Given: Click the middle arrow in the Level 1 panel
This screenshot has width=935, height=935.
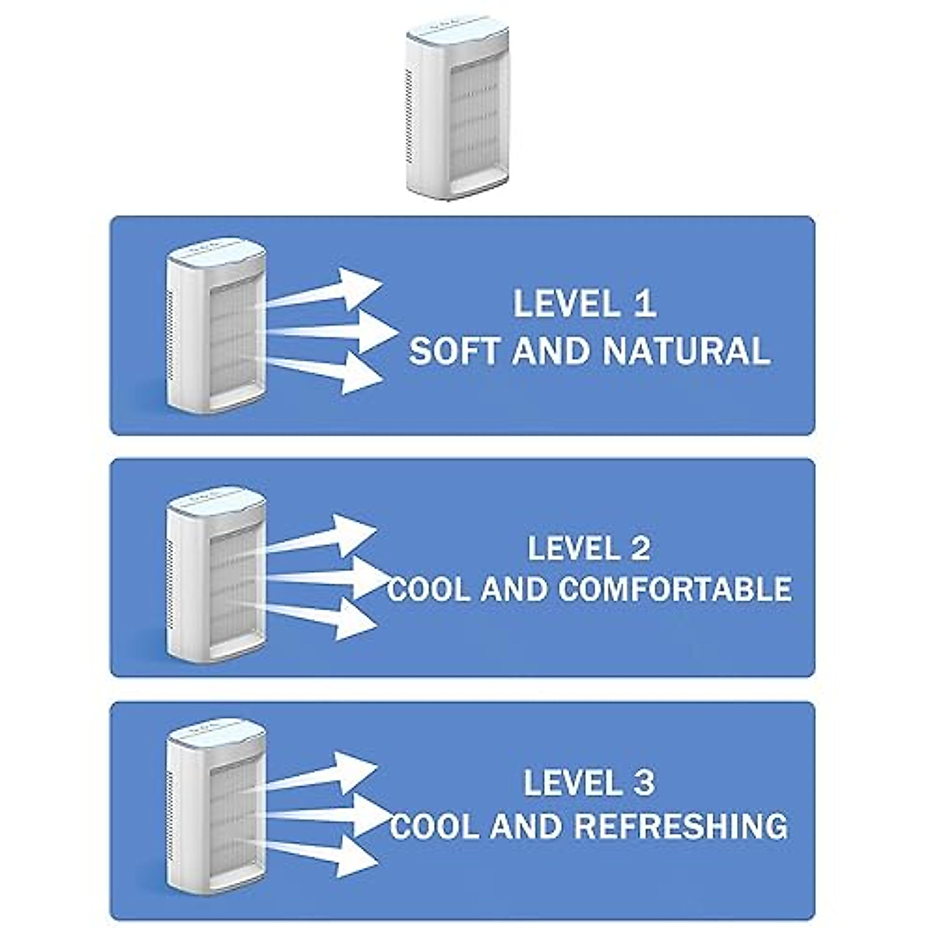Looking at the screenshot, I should (343, 332).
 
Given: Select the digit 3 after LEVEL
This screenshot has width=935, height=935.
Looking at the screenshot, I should (643, 783).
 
